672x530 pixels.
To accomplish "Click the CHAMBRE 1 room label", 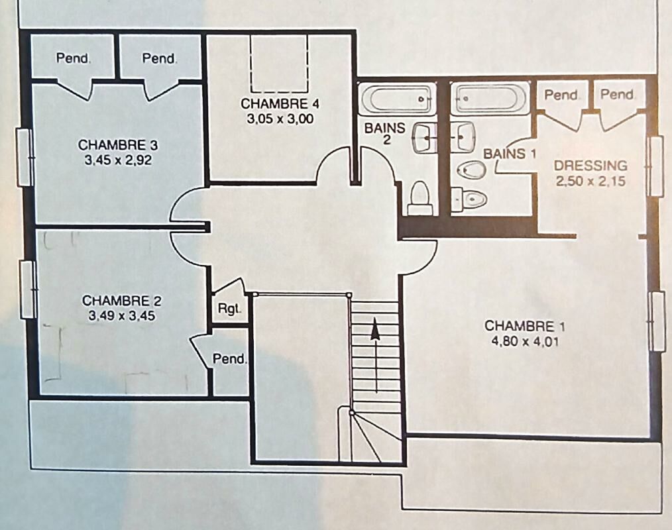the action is pos(525,326).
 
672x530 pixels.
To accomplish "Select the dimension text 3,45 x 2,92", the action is pos(118,161).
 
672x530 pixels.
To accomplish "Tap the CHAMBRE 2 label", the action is pos(122,301).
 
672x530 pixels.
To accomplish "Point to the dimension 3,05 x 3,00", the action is pos(280,119).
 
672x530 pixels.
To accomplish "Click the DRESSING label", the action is pos(590,166).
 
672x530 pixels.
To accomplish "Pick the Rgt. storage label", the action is pos(229,309).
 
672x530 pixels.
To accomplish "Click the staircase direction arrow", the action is pos(376,354).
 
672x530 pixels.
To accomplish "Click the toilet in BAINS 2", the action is pos(420,198).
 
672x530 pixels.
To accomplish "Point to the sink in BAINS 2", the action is pos(424,138).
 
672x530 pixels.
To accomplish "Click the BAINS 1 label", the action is pos(510,154).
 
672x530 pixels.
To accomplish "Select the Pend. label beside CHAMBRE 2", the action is pos(230,358).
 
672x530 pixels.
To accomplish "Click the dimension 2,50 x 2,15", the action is pos(590,181).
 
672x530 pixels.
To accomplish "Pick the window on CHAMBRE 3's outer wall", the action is pos(25,158).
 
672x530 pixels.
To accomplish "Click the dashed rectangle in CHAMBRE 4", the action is pos(279,64).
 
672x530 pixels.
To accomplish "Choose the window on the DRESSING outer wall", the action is pos(655,167).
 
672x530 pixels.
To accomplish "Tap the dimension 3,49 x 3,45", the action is pos(122,316).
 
